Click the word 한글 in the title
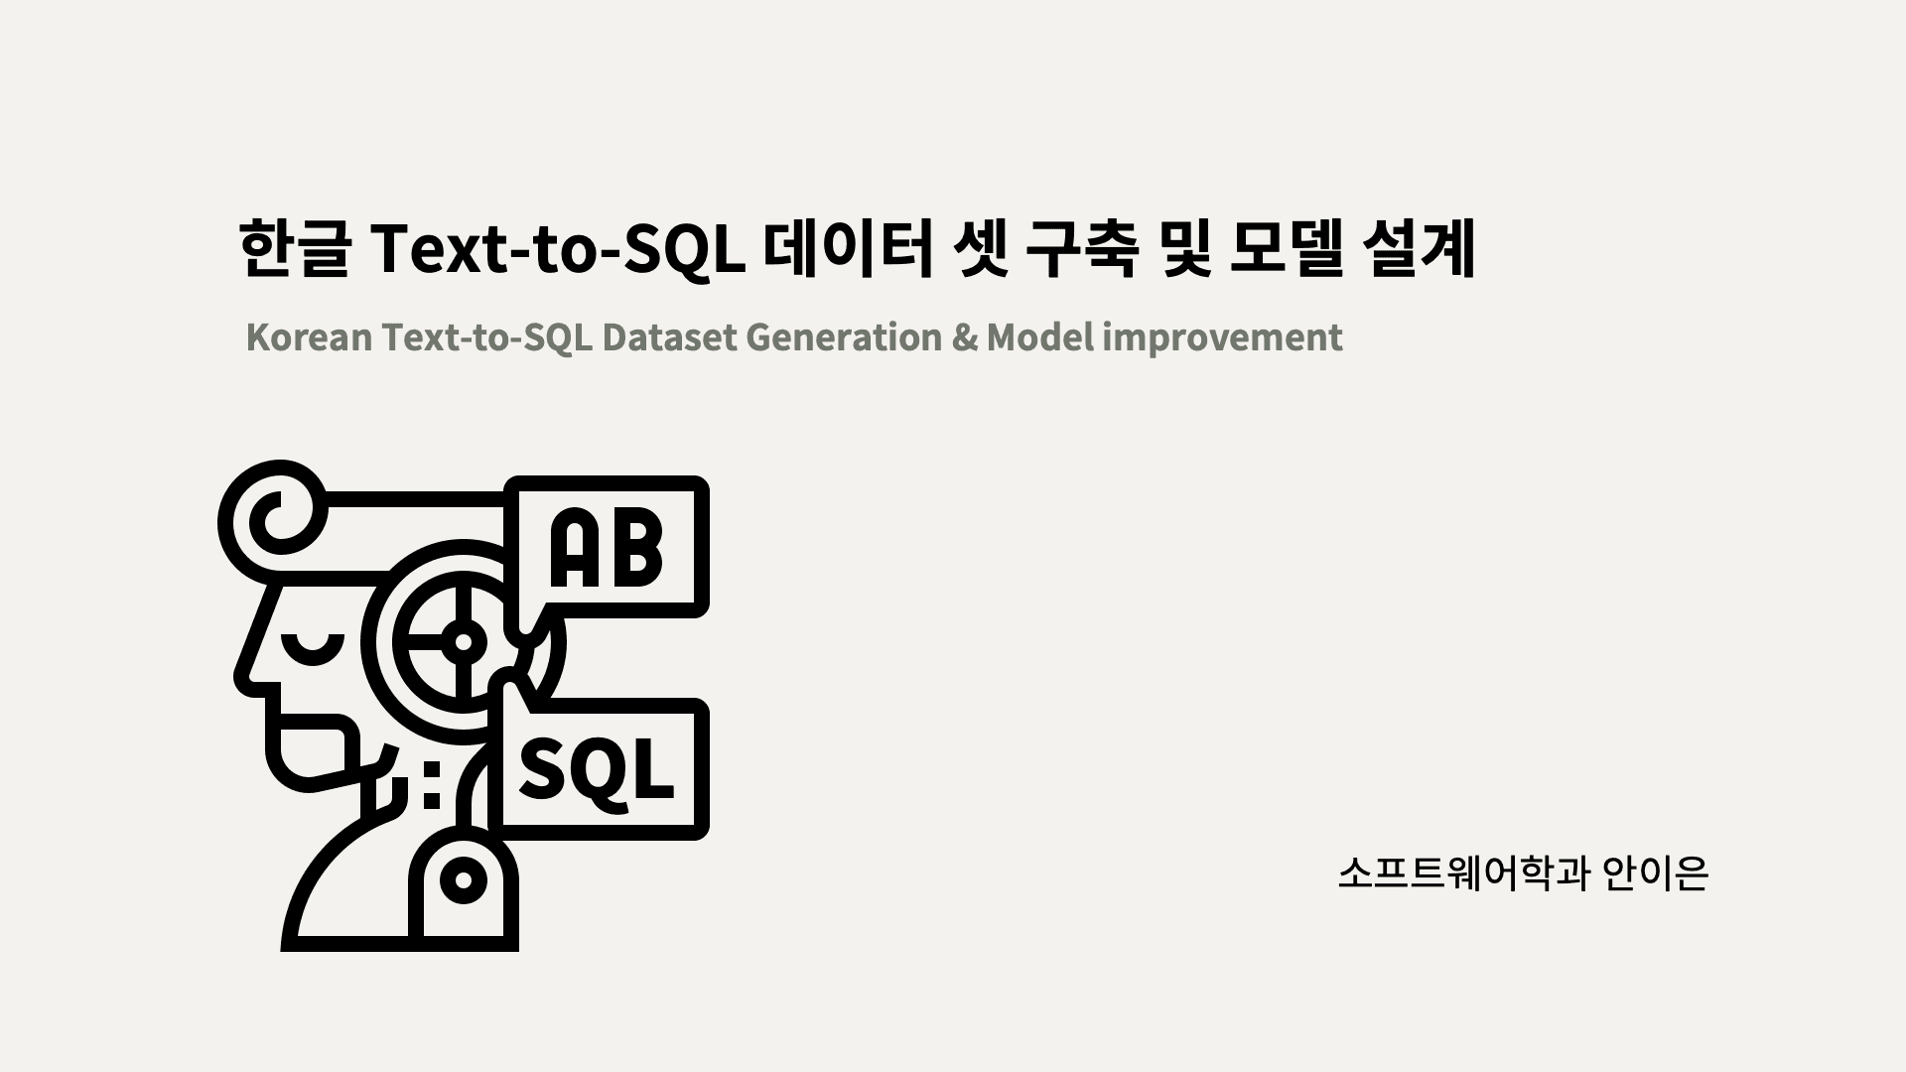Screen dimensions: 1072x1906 click(x=294, y=250)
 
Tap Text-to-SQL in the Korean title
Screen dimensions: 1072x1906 click(x=558, y=250)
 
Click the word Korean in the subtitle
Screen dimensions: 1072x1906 click(x=309, y=337)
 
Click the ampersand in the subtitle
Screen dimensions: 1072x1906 click(x=964, y=337)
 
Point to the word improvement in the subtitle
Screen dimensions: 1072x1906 click(x=1222, y=337)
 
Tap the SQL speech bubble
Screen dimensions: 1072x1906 click(x=602, y=769)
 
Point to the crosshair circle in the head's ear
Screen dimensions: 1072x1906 click(x=462, y=641)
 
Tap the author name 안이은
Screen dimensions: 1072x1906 click(x=1655, y=873)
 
